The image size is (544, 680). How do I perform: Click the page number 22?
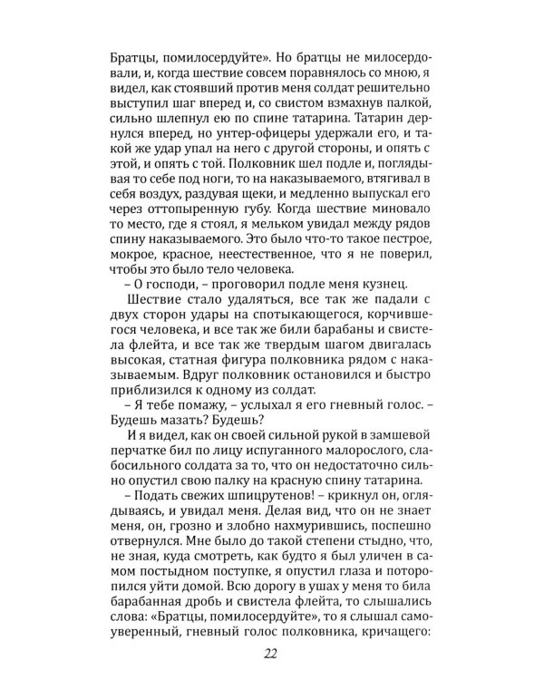(x=272, y=656)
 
